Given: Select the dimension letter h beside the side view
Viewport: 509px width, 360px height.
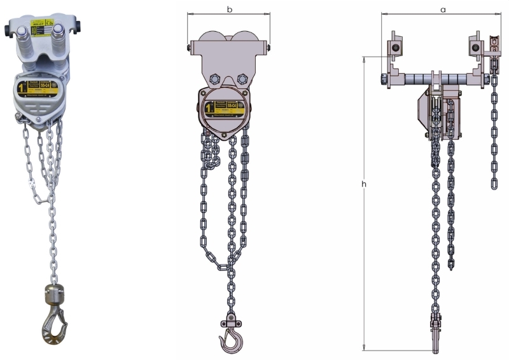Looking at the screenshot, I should [x=364, y=184].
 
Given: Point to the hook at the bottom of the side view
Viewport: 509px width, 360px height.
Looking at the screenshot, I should [x=436, y=337].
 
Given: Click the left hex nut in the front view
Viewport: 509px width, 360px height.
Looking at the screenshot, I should [x=214, y=79].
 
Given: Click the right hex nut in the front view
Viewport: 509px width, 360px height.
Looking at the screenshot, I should [x=242, y=79].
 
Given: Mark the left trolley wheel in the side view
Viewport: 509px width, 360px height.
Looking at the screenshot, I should [x=396, y=49].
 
